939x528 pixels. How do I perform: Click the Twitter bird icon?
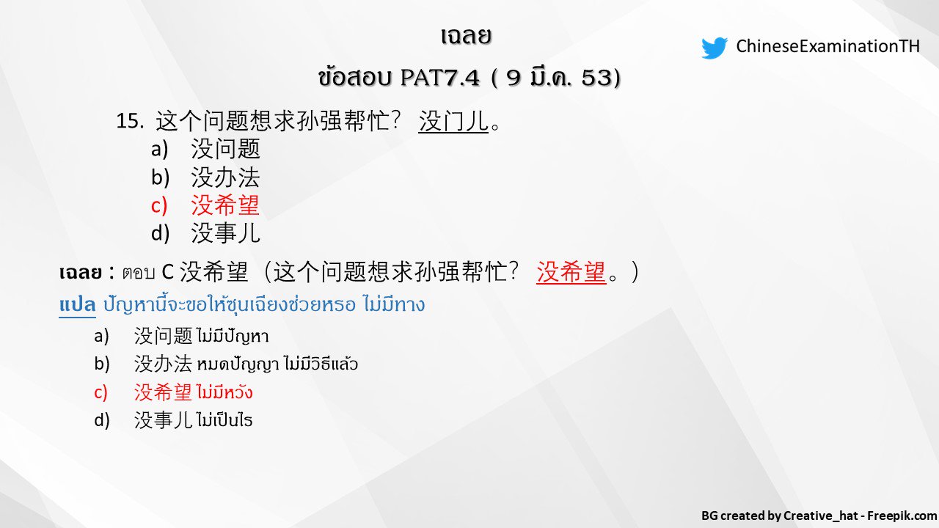714,48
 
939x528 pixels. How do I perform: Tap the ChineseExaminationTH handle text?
827,47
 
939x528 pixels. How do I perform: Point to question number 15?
129,121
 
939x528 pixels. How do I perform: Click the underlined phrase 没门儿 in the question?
453,121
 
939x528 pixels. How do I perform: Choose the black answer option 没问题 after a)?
225,149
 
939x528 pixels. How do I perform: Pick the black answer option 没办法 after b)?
225,177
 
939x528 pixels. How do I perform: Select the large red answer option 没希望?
225,205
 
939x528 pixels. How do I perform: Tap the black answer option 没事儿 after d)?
225,233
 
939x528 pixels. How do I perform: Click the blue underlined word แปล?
77,304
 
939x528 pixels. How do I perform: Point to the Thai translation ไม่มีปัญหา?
233,337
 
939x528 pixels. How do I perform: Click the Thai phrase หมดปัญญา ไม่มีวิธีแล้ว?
277,364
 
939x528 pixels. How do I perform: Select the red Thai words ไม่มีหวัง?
224,392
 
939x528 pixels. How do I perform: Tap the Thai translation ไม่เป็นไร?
224,420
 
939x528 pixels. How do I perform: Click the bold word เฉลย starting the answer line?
80,273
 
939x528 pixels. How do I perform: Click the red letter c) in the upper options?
159,205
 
